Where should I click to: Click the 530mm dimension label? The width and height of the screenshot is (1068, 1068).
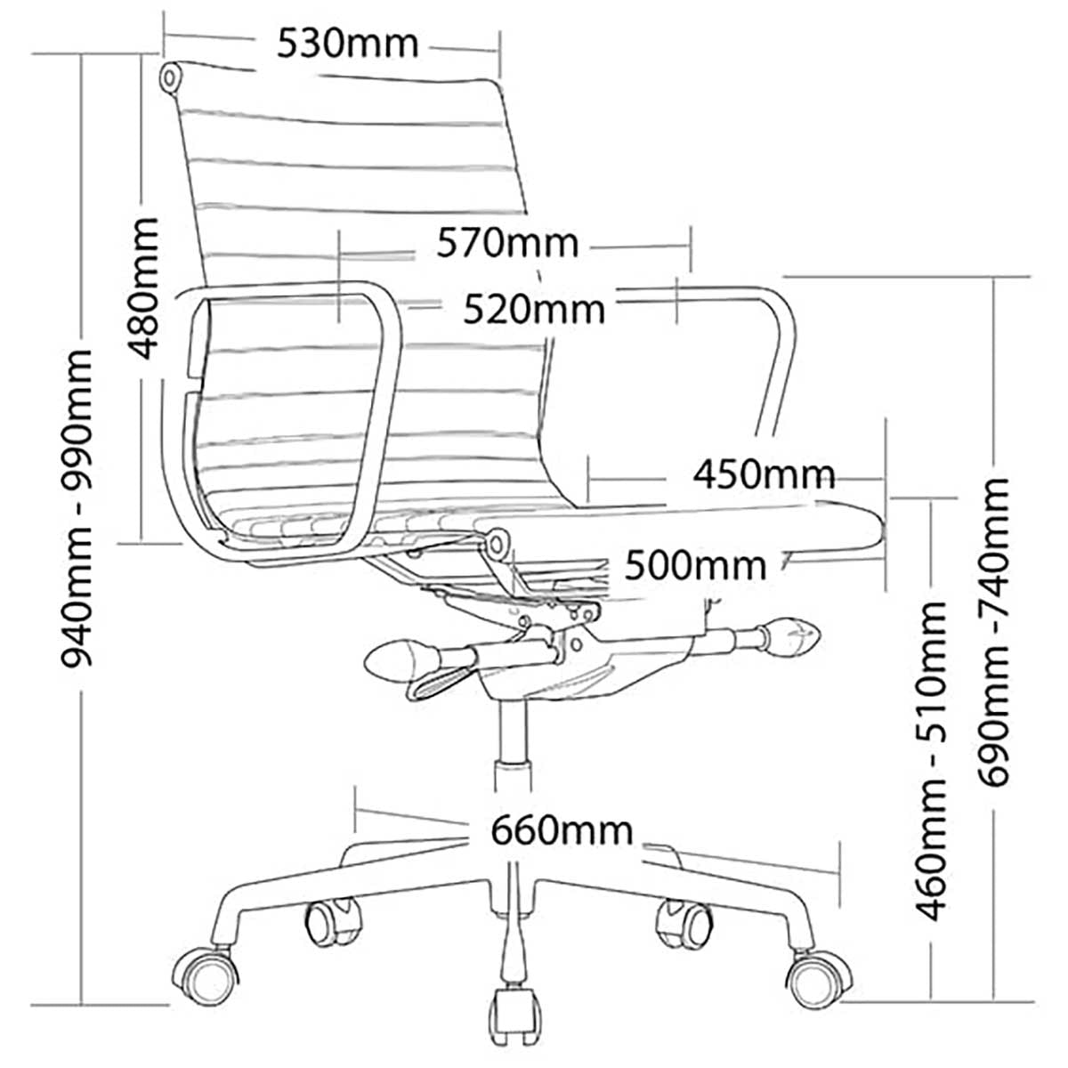pyautogui.click(x=346, y=42)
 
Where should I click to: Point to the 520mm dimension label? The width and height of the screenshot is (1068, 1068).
pyautogui.click(x=533, y=309)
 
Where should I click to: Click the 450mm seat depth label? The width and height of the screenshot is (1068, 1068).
pyautogui.click(x=765, y=473)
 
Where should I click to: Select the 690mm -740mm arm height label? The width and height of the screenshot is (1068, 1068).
pyautogui.click(x=994, y=632)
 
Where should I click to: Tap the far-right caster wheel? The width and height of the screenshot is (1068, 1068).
pyautogui.click(x=817, y=979)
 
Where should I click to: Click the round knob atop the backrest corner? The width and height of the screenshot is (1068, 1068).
pyautogui.click(x=169, y=77)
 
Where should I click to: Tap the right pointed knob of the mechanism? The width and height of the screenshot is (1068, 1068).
pyautogui.click(x=790, y=635)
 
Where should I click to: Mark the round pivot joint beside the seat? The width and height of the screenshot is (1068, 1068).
pyautogui.click(x=497, y=541)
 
